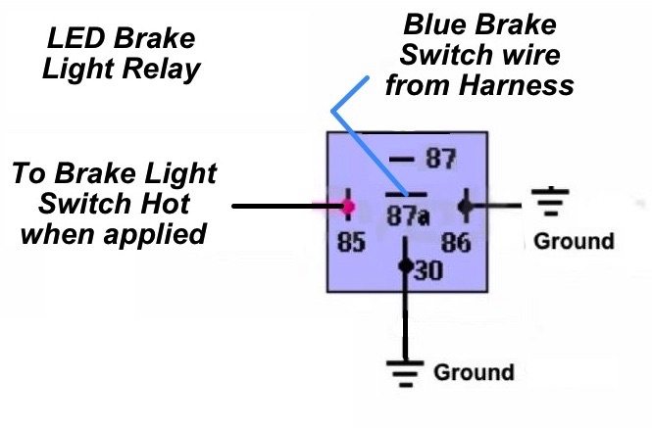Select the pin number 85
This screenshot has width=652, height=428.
[x=350, y=241]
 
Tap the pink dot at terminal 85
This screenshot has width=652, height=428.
[x=348, y=207]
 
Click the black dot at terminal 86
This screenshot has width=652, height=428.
[x=466, y=207]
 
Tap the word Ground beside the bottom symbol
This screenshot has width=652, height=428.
[x=474, y=372]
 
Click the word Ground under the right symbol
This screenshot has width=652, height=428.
[x=574, y=241]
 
